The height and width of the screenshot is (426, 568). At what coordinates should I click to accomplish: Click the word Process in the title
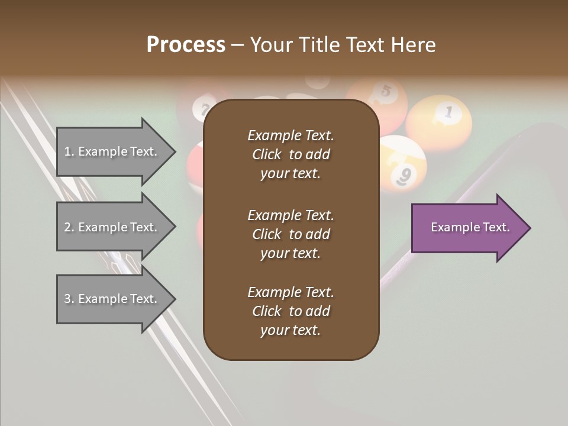186,45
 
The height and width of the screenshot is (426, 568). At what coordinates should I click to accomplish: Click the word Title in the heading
319,45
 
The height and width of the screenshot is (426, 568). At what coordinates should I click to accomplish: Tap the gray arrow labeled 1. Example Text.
112,151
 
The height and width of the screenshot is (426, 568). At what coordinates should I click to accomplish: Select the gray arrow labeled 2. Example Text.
112,227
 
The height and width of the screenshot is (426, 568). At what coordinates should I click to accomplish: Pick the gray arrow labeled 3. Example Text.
112,299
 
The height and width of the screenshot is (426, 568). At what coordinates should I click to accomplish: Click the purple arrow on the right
467,228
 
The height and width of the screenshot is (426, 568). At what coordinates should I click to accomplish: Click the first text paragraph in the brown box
291,154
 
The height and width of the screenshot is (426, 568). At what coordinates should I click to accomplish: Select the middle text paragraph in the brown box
291,234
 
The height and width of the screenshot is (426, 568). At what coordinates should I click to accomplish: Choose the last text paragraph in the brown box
291,311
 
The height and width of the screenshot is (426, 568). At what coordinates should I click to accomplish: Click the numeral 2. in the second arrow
69,227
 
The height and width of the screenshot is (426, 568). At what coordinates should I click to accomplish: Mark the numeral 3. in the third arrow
69,299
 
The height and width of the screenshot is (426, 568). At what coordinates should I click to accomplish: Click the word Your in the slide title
270,45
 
